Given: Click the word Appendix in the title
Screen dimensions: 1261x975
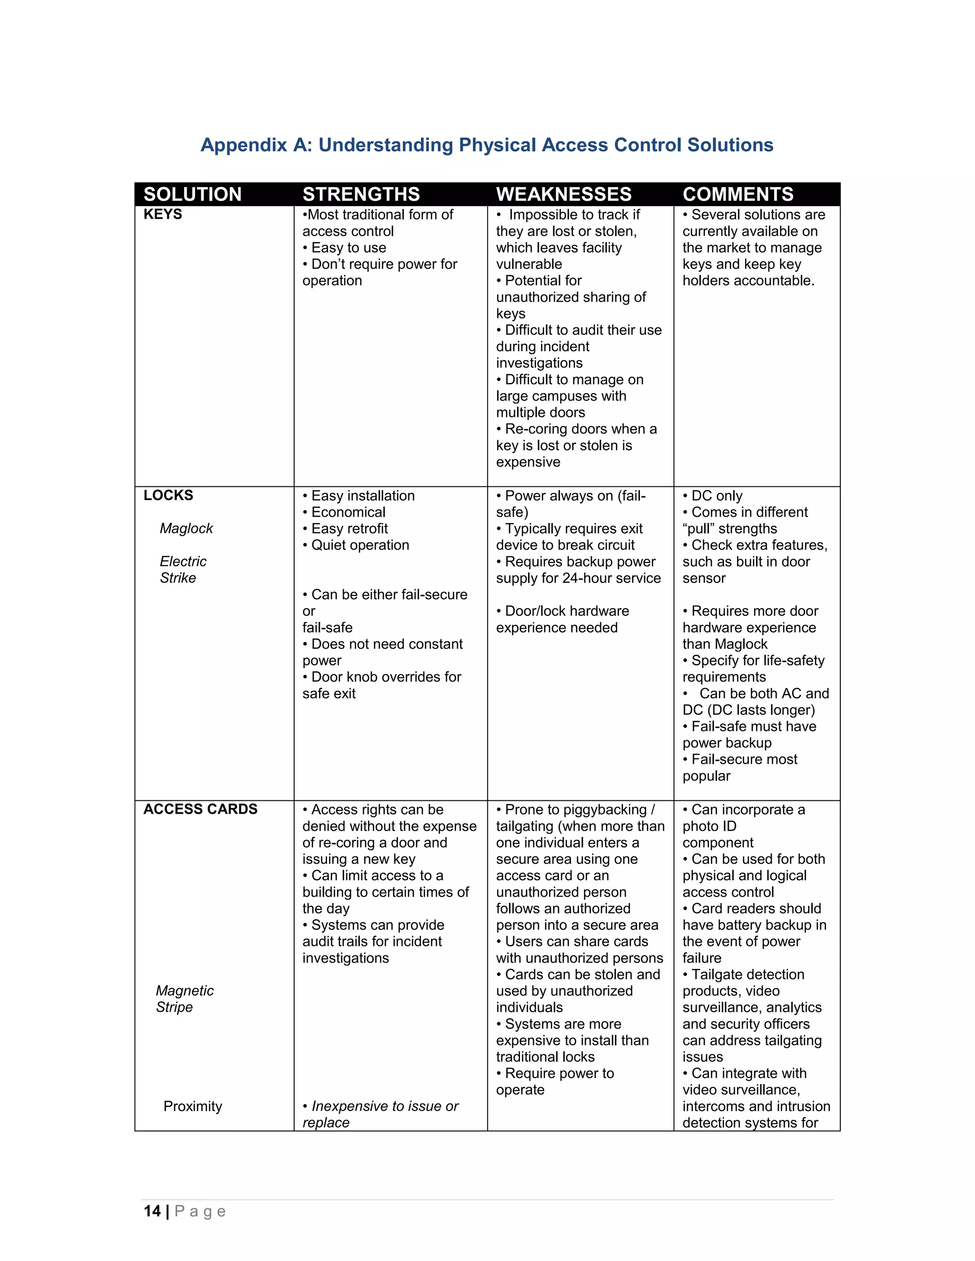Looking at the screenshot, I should tap(244, 145).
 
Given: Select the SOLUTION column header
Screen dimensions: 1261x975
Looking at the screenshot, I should tap(192, 194).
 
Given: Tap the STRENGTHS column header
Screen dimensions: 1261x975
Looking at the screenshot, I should tap(361, 194).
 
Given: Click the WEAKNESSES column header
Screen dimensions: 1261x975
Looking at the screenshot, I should tap(564, 194).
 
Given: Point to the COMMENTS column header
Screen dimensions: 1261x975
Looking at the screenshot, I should tap(737, 194).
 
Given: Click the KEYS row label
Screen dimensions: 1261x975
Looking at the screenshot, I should tap(163, 214).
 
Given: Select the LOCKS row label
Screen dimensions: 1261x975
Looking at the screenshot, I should tap(168, 495).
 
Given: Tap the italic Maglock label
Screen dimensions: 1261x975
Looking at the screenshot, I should tap(186, 528).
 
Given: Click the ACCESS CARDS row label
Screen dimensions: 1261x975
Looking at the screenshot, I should tap(200, 809).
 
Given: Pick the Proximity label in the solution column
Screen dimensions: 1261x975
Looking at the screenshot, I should tap(192, 1106).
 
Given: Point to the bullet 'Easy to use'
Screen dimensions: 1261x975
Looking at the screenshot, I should tap(348, 248).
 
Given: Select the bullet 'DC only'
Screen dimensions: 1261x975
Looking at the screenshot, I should tap(716, 496).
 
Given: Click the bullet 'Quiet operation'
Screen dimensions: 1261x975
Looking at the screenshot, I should tap(359, 545).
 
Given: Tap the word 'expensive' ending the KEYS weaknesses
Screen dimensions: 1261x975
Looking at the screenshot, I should tap(528, 462).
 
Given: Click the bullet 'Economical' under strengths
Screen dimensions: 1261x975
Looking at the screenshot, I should tap(348, 512).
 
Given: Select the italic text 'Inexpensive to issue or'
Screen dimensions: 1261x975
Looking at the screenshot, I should tap(384, 1106).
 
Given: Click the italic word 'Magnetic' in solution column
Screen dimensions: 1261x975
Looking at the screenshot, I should tap(184, 991).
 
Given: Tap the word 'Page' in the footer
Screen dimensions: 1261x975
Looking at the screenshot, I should tap(200, 1212).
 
